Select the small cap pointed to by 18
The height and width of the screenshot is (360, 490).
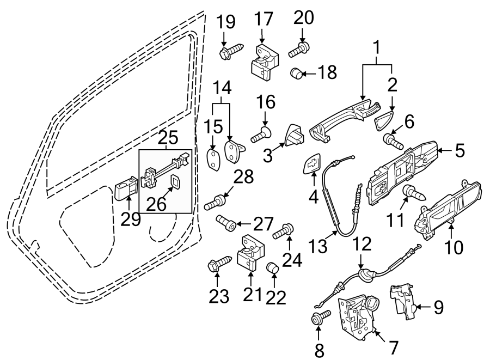point(297,72)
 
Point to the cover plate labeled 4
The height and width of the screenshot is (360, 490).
point(313,164)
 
